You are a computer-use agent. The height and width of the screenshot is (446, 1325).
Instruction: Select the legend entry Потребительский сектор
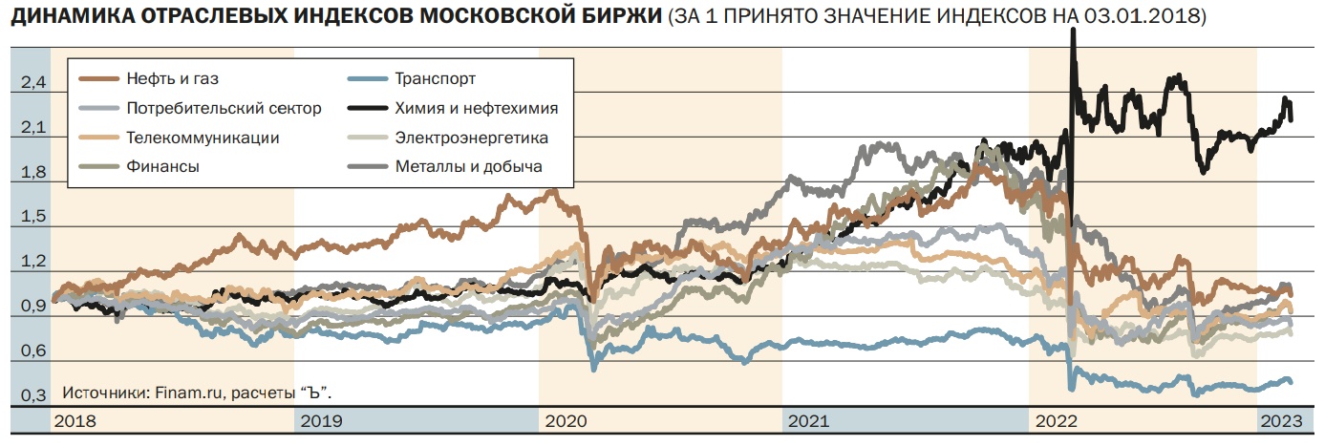point(223,108)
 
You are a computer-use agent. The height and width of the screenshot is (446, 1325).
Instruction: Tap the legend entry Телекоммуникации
point(202,138)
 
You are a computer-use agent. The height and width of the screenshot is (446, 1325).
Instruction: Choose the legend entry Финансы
point(162,166)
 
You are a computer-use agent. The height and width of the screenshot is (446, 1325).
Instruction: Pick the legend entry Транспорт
point(436,79)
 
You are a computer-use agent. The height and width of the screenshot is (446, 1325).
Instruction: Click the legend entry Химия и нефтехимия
point(476,108)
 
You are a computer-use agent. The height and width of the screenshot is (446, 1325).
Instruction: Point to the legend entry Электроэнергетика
point(471,138)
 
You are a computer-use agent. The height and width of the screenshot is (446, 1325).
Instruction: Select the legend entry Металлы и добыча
point(468,166)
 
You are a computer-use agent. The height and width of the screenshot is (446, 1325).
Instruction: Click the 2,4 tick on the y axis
point(32,84)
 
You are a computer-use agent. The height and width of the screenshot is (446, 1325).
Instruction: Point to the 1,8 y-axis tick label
point(32,173)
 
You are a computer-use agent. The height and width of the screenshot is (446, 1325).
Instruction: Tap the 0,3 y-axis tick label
point(32,395)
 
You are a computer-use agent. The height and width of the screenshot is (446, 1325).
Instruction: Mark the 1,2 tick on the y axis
point(32,262)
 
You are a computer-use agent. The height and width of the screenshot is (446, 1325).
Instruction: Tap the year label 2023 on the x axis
point(1282,420)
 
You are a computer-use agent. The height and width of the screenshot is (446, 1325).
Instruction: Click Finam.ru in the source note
point(174,393)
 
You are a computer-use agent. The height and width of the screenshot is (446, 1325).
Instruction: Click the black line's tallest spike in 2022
point(1073,32)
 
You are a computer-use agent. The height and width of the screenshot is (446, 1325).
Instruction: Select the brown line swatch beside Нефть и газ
point(98,79)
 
